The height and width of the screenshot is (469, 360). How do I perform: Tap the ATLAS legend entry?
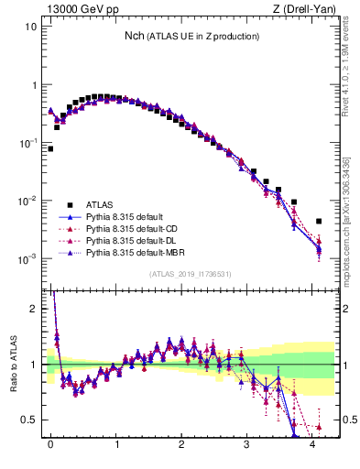pos(102,204)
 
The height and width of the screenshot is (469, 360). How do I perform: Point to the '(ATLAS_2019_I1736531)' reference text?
pos(184,274)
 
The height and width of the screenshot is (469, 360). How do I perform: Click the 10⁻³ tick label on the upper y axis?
pos(26,259)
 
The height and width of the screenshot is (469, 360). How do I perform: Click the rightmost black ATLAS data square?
pos(318,221)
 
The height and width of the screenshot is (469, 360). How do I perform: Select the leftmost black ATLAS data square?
pos(50,148)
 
